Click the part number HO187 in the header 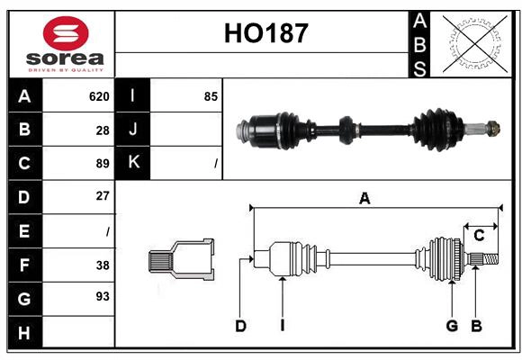point(265,34)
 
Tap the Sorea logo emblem point(65,34)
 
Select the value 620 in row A point(99,96)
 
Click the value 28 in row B point(102,130)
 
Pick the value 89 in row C point(102,164)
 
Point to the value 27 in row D point(102,196)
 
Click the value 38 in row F point(102,265)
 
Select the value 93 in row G point(102,296)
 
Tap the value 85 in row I point(211,96)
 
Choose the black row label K point(133,163)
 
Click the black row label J point(133,130)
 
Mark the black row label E point(24,231)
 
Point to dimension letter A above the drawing point(364,199)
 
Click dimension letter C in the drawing point(480,236)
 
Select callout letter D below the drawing point(240,326)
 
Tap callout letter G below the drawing point(452,326)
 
